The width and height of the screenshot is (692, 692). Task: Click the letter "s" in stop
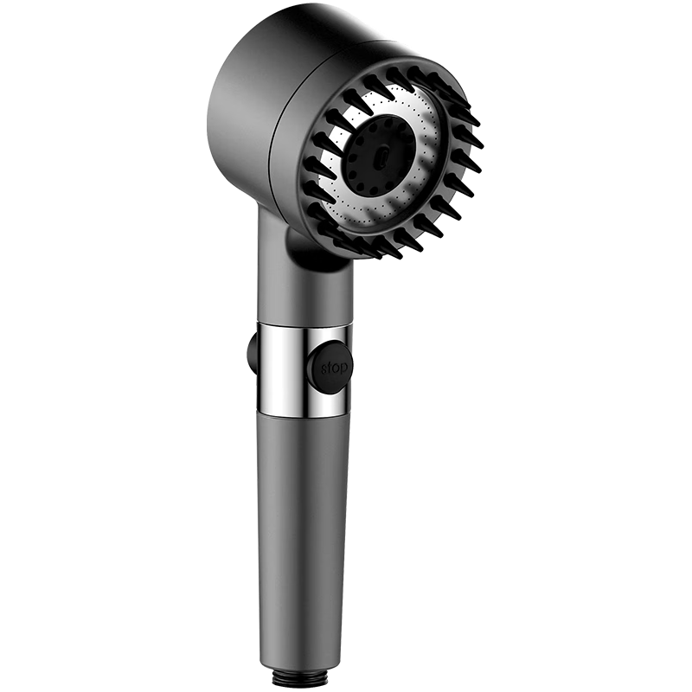325,368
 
